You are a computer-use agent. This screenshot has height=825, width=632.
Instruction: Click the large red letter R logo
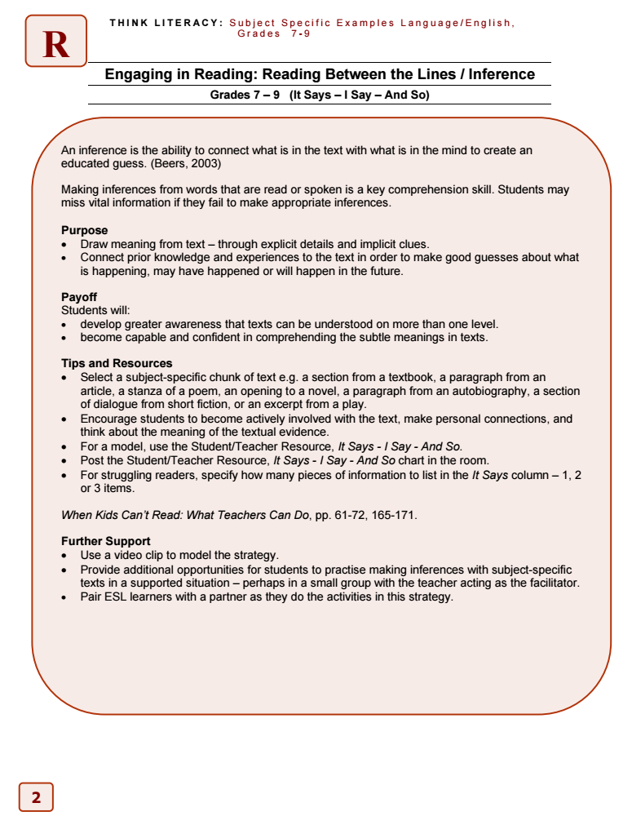click(55, 42)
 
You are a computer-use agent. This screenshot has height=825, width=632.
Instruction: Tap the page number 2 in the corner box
click(36, 797)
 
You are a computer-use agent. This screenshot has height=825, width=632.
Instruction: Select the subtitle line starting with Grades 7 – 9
click(319, 95)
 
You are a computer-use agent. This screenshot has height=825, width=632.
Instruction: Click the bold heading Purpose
click(84, 230)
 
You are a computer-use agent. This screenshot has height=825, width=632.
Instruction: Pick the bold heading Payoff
click(79, 297)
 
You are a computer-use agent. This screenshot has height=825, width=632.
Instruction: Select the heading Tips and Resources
click(117, 363)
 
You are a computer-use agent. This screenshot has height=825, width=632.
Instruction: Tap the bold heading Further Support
click(106, 541)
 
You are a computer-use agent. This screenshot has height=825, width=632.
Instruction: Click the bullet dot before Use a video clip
click(65, 556)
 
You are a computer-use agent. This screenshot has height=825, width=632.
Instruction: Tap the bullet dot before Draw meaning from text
click(65, 244)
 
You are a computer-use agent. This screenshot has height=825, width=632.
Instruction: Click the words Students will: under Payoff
click(95, 310)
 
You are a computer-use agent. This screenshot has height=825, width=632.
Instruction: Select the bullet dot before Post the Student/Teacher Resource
click(65, 461)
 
